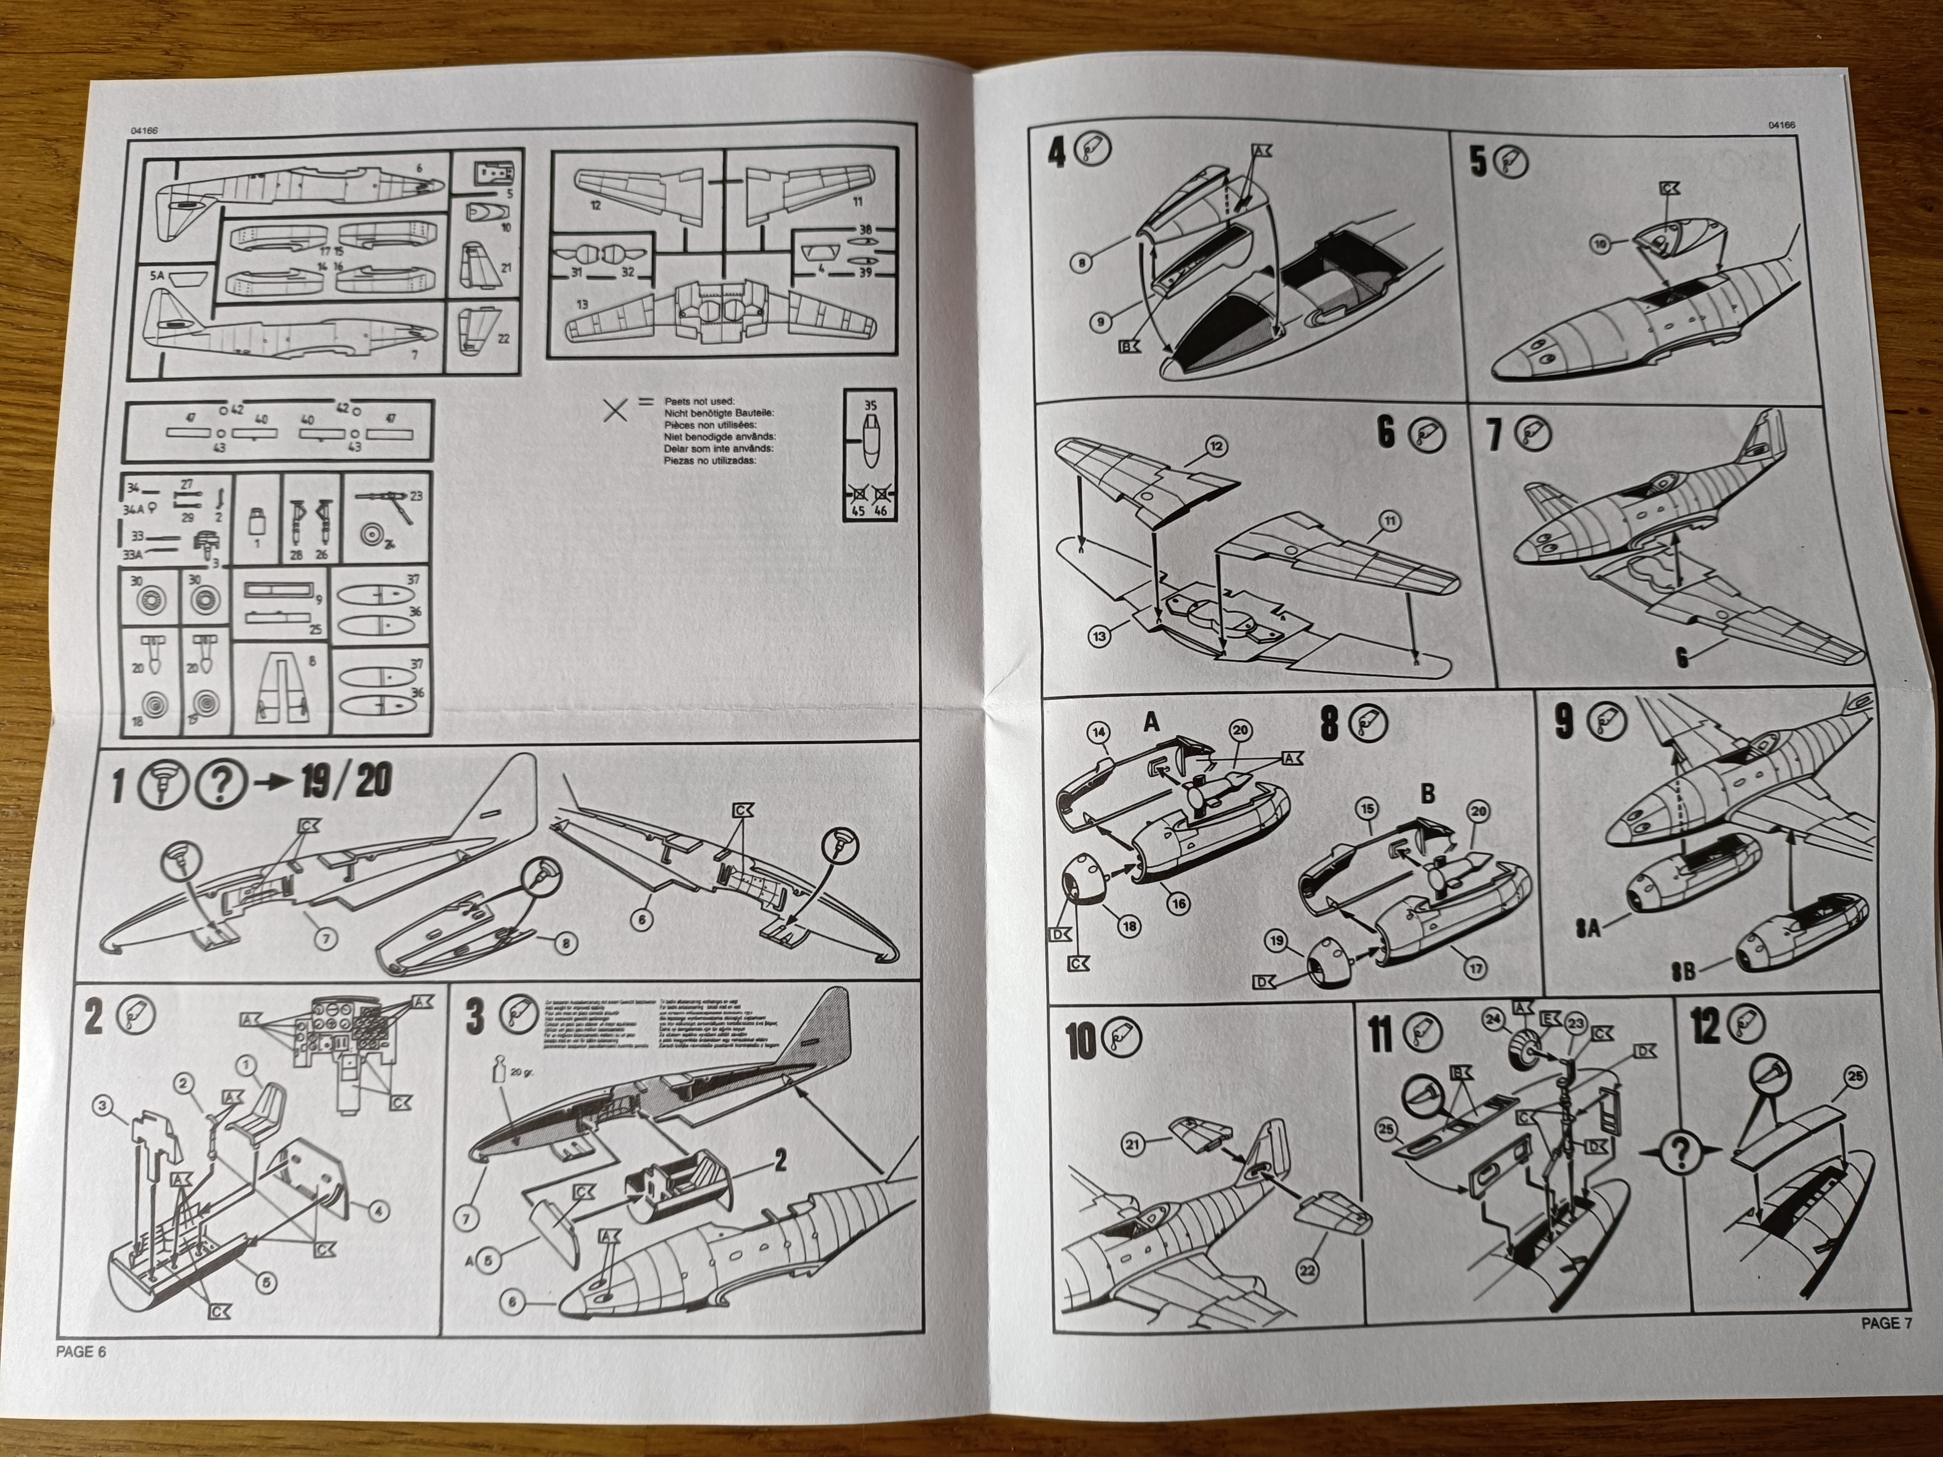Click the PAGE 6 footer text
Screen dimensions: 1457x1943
[x=81, y=1352]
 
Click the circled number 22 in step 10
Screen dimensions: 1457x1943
[x=1307, y=1271]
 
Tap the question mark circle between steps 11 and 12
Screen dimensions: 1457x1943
[x=1680, y=1152]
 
